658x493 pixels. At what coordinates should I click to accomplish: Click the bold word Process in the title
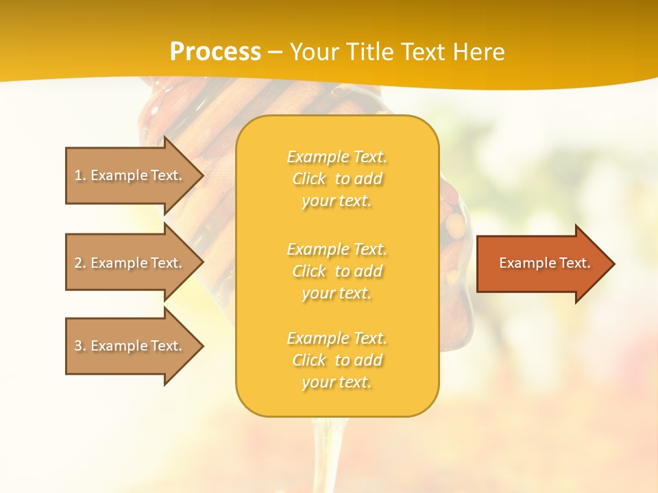coord(215,52)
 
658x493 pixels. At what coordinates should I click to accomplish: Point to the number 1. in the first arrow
coord(80,175)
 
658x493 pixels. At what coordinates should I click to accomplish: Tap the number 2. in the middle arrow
coord(80,263)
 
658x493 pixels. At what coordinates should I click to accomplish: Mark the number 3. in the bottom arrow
coord(80,346)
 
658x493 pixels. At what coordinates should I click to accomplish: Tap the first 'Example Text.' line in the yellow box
coord(337,157)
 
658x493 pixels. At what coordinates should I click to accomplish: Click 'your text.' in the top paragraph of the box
coord(337,201)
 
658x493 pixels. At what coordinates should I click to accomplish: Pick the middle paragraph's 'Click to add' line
coord(337,271)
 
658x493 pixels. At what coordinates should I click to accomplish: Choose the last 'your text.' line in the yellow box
coord(337,383)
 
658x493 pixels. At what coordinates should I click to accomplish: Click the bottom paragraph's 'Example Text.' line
coord(337,338)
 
